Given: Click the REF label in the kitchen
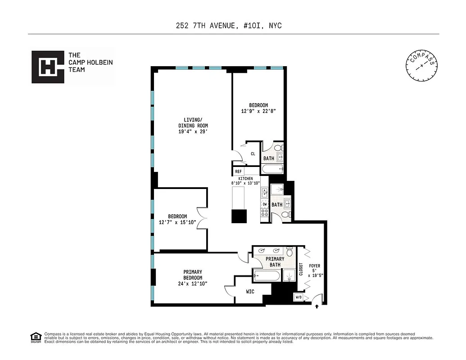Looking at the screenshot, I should [238, 171].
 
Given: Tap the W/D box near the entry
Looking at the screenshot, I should [299, 297].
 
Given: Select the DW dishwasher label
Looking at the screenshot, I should [265, 204].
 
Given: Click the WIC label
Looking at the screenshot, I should [250, 292].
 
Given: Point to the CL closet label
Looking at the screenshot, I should [253, 154].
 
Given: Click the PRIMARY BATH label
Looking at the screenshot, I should [275, 262].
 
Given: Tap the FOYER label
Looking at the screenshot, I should [315, 266].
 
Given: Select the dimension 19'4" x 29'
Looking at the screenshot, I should [193, 132].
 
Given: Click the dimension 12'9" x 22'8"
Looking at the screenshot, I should [258, 111].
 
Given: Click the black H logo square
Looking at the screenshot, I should [48, 67].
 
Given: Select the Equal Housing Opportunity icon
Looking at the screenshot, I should [34, 337].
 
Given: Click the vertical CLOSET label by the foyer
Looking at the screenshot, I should [301, 269].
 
